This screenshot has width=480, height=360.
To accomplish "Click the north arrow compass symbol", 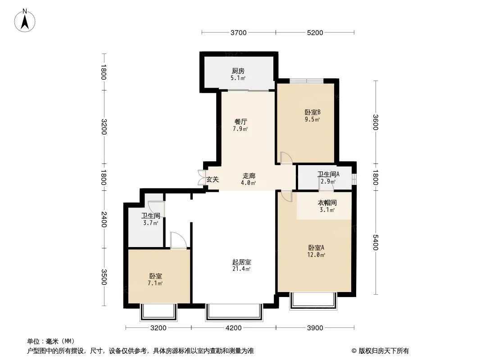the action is coord(25,21).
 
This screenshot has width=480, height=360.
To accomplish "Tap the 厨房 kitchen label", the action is coord(238,71).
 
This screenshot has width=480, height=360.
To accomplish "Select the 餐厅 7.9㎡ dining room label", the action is coord(240,125).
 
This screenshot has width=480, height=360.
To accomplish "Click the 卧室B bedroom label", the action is coord(312,112).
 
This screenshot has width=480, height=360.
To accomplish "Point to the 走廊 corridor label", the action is coord(249,176).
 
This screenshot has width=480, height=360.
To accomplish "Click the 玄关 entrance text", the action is coord(213,180).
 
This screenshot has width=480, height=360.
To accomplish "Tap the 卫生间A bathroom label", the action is coord(328,174).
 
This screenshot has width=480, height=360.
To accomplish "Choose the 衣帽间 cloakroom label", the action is coord(327,203).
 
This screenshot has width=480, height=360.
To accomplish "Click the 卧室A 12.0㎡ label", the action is coord(316,251).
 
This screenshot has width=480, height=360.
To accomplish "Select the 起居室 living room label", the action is coord(241,262).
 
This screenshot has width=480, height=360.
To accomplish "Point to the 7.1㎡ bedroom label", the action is coord(155,283).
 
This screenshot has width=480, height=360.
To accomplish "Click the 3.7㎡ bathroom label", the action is coord(150,223).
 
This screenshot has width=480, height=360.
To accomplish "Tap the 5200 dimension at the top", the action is coord(315,33).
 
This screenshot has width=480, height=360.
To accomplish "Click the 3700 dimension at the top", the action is coord(239,33).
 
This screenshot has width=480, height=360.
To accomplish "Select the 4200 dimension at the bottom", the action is coord(234,328).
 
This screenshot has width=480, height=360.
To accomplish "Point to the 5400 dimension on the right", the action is coord(376,242).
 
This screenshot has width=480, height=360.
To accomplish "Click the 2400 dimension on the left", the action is coord(104,220).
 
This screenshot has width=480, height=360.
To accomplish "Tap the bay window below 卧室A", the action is coord(313,301).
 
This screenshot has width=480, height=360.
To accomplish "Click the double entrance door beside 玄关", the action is coord(202,177).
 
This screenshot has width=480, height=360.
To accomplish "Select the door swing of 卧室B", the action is coord(286,158).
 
